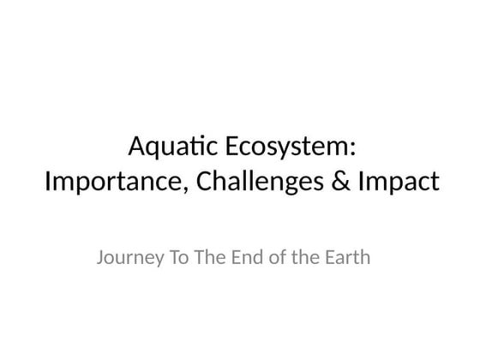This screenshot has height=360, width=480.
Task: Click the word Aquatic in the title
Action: [x=171, y=148]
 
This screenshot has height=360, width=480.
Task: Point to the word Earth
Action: [x=345, y=256]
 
